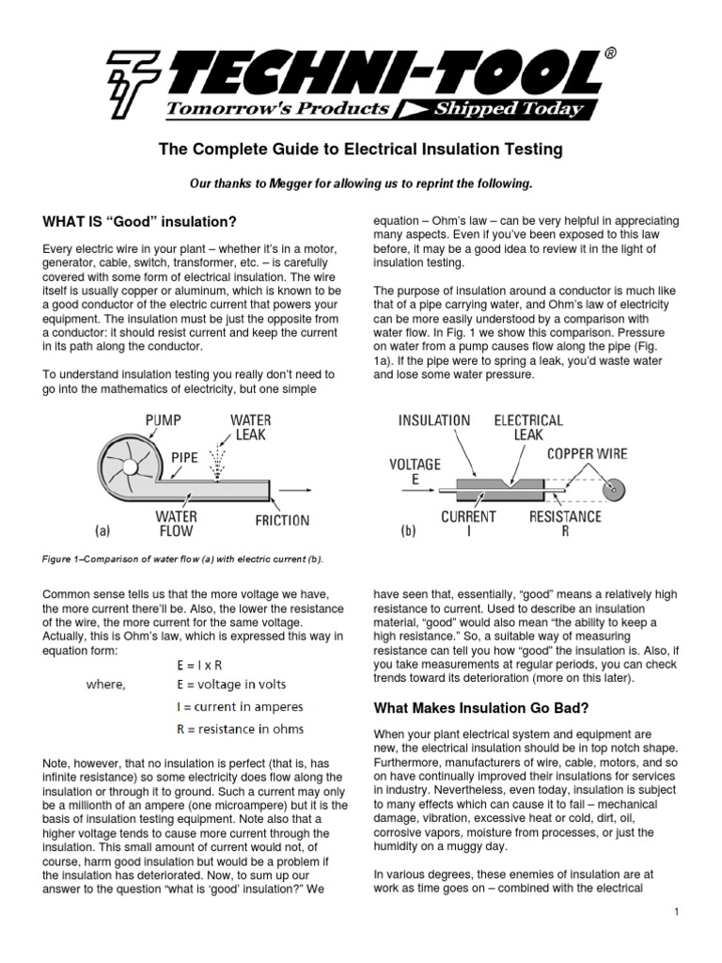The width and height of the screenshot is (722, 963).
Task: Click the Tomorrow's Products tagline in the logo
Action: [x=277, y=108]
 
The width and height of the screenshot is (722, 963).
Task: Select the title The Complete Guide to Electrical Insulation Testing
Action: [x=360, y=149]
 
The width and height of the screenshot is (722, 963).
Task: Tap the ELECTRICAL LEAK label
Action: [x=529, y=429]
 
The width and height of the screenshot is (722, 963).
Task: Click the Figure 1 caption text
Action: [x=182, y=560]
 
